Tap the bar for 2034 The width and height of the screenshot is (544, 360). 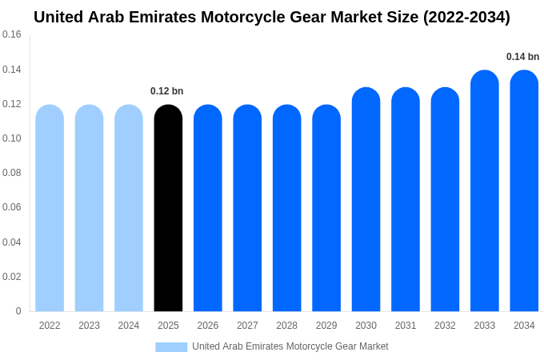[x=524, y=192]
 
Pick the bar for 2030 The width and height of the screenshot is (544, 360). [x=366, y=200]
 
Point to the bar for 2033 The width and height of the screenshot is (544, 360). [x=485, y=192]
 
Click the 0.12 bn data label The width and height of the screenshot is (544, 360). [x=167, y=91]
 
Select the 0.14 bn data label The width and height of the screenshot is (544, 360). [x=522, y=57]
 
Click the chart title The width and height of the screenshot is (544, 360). [x=272, y=17]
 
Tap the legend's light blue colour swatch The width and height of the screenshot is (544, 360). [x=171, y=347]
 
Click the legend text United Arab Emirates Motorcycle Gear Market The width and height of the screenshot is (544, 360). [x=290, y=346]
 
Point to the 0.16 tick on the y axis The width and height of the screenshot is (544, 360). [x=12, y=34]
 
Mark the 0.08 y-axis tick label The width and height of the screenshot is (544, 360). [x=12, y=173]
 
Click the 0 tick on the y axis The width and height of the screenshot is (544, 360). [x=18, y=311]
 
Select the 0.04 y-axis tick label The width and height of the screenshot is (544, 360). [x=12, y=242]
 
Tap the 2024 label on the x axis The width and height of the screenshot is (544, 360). [x=129, y=326]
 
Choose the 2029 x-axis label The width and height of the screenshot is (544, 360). [x=326, y=326]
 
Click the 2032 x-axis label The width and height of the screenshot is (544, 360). [x=445, y=326]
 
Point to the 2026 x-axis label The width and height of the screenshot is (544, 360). [x=208, y=326]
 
